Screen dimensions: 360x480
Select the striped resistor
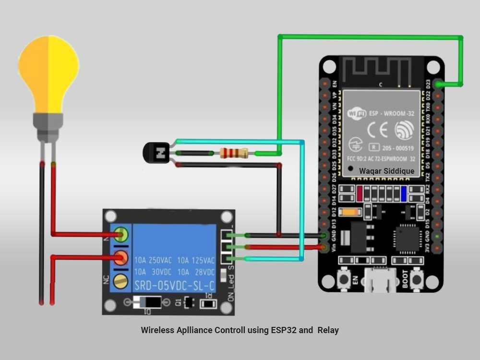pyautogui.click(x=234, y=153)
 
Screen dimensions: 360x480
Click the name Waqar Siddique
pyautogui.click(x=386, y=170)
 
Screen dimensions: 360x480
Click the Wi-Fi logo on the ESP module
pyautogui.click(x=357, y=114)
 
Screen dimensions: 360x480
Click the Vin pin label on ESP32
pyautogui.click(x=334, y=248)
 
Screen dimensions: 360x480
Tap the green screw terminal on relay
pyautogui.click(x=121, y=235)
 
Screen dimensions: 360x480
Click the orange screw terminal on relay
pyautogui.click(x=121, y=258)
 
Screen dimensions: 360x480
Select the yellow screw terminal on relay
pyautogui.click(x=121, y=281)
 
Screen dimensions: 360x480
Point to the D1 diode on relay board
pyautogui.click(x=148, y=302)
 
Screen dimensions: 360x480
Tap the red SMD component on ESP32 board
pyautogui.click(x=360, y=193)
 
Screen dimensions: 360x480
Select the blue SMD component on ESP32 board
pyautogui.click(x=404, y=193)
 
